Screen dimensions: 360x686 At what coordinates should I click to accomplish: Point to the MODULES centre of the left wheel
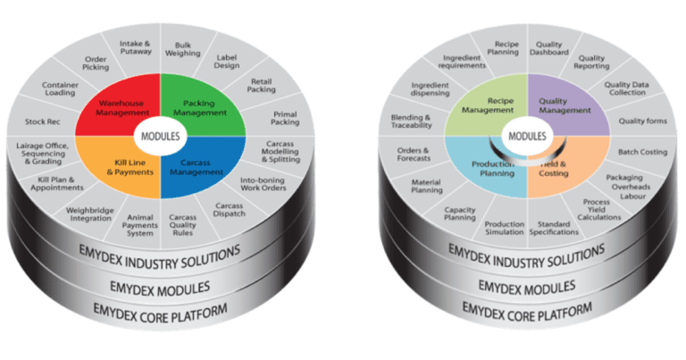pyautogui.click(x=158, y=137)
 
